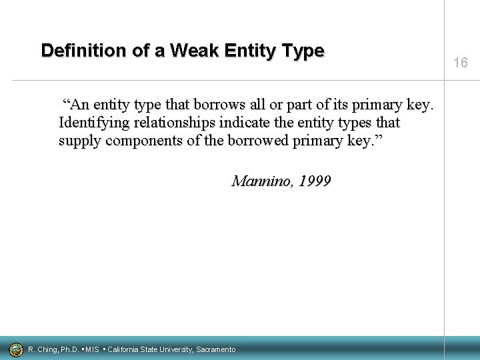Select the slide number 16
coord(461,63)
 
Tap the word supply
coord(79,142)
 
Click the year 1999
coord(314,181)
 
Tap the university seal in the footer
coord(15,349)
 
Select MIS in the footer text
coord(93,349)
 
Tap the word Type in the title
coord(305,51)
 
